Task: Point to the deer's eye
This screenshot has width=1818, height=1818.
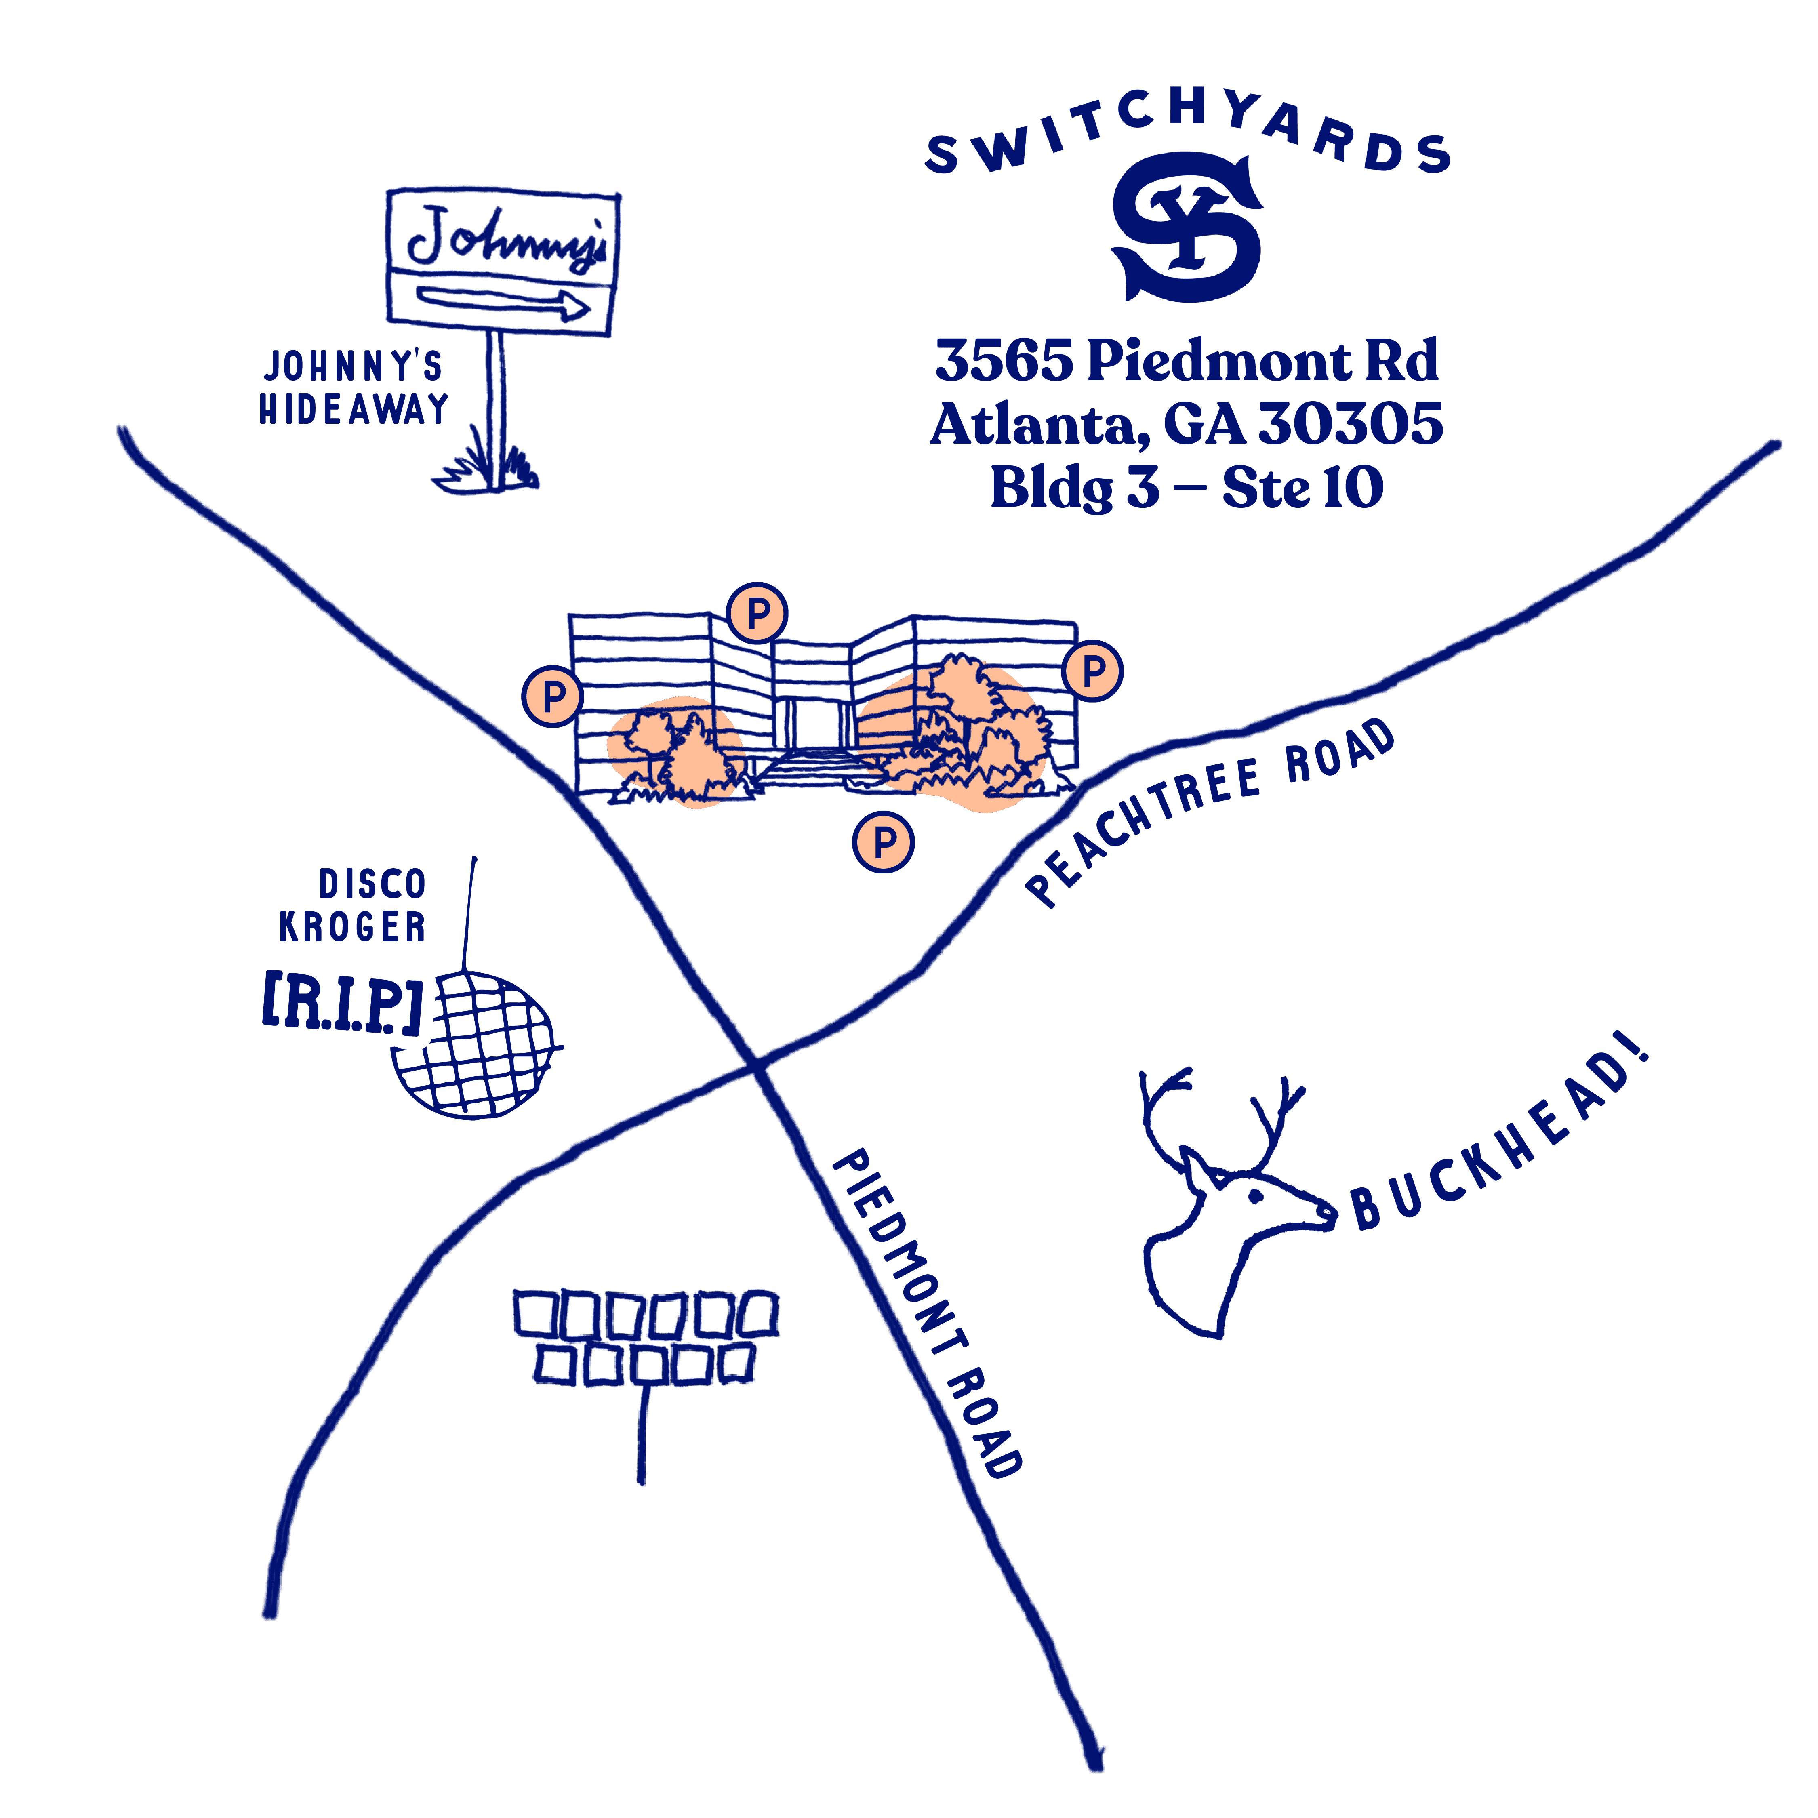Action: [1255, 1196]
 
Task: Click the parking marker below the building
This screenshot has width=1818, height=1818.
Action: [884, 842]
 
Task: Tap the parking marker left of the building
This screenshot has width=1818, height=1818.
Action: [553, 696]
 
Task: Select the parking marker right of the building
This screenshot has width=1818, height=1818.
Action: [1094, 671]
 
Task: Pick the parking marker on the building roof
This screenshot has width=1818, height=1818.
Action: [757, 614]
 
